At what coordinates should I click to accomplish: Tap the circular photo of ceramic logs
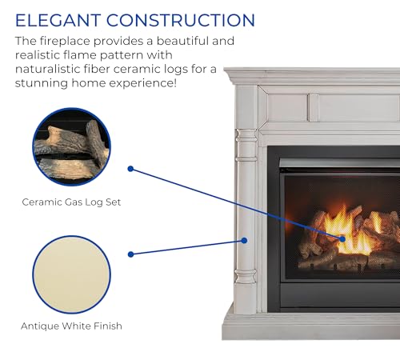71,147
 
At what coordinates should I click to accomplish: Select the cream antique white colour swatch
71,272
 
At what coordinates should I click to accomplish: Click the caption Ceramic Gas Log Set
71,202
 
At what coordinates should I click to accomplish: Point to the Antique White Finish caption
71,326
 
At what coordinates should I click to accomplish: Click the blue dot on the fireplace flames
342,238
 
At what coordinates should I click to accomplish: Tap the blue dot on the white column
246,240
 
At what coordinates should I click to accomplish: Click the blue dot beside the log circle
130,169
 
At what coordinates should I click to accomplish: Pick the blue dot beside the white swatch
130,254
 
